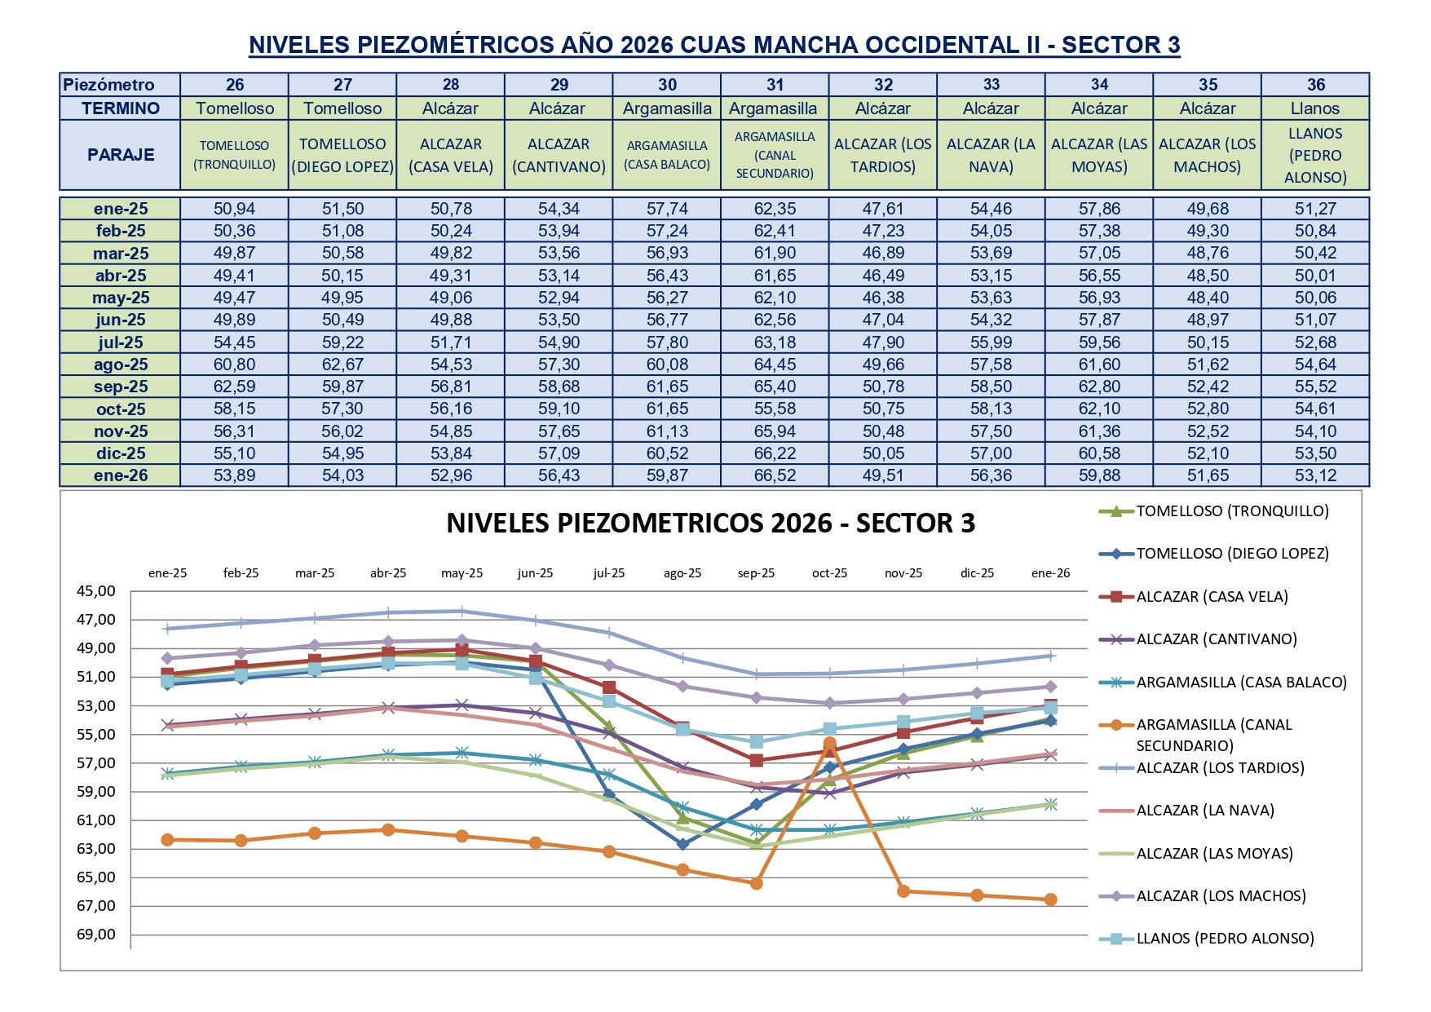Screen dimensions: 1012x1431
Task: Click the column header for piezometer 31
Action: coord(775,85)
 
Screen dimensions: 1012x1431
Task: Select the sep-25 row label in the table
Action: coord(121,387)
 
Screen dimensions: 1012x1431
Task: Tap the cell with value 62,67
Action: coord(342,365)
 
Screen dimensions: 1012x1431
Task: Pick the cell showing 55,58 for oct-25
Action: coord(775,409)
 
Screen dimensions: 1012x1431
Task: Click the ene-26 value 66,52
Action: coord(775,475)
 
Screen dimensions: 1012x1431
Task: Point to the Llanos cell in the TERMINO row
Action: coord(1314,108)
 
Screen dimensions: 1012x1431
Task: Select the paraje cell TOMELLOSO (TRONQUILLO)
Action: coord(234,155)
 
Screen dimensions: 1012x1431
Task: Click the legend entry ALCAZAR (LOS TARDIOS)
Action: coord(1220,768)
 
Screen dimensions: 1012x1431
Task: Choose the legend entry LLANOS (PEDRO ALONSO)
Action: coord(1225,939)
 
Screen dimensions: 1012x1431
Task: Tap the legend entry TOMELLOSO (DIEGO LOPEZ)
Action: coord(1232,554)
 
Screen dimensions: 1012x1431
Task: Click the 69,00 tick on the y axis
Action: coord(96,935)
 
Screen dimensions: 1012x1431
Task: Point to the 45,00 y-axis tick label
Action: coord(96,591)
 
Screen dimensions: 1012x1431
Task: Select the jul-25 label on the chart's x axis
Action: coord(608,573)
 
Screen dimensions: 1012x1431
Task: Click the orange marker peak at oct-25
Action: coord(830,744)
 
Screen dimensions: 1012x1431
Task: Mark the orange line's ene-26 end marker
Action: coord(1050,899)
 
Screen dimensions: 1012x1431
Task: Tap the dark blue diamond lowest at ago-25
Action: coord(682,844)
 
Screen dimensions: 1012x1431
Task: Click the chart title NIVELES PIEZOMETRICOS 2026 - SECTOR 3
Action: coord(710,524)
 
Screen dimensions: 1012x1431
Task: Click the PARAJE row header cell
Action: coord(121,155)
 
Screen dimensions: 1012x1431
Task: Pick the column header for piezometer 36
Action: coord(1315,85)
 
